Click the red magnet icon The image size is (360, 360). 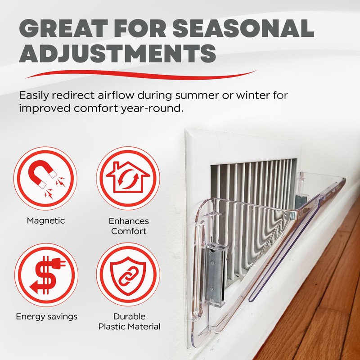tap(45, 177)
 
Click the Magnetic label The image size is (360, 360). tap(45, 220)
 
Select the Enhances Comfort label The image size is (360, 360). tap(129, 226)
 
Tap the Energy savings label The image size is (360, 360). tap(46, 316)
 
